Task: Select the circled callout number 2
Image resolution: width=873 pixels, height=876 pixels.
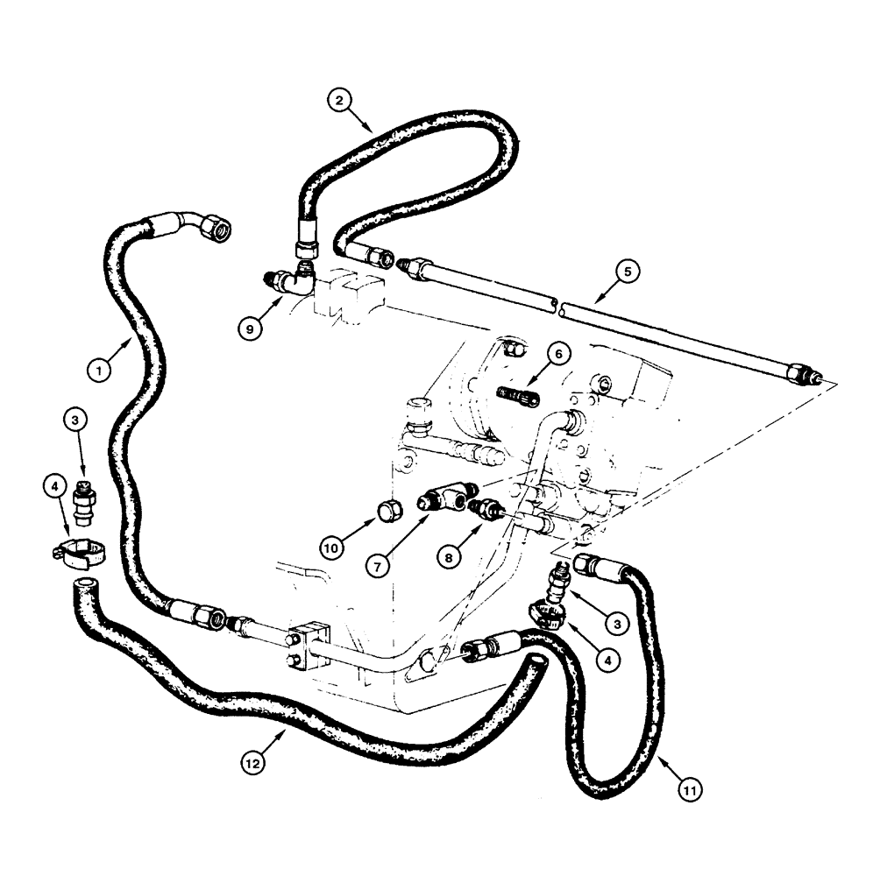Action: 342,100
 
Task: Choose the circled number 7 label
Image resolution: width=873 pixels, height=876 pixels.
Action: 378,566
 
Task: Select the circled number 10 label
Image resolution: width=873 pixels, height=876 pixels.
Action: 332,548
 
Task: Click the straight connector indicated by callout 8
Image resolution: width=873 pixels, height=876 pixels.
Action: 485,509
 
